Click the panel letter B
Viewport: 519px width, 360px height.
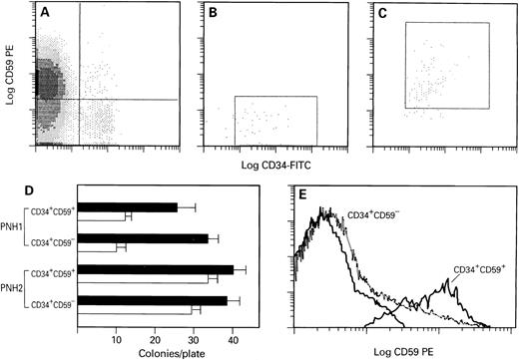click(x=214, y=14)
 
